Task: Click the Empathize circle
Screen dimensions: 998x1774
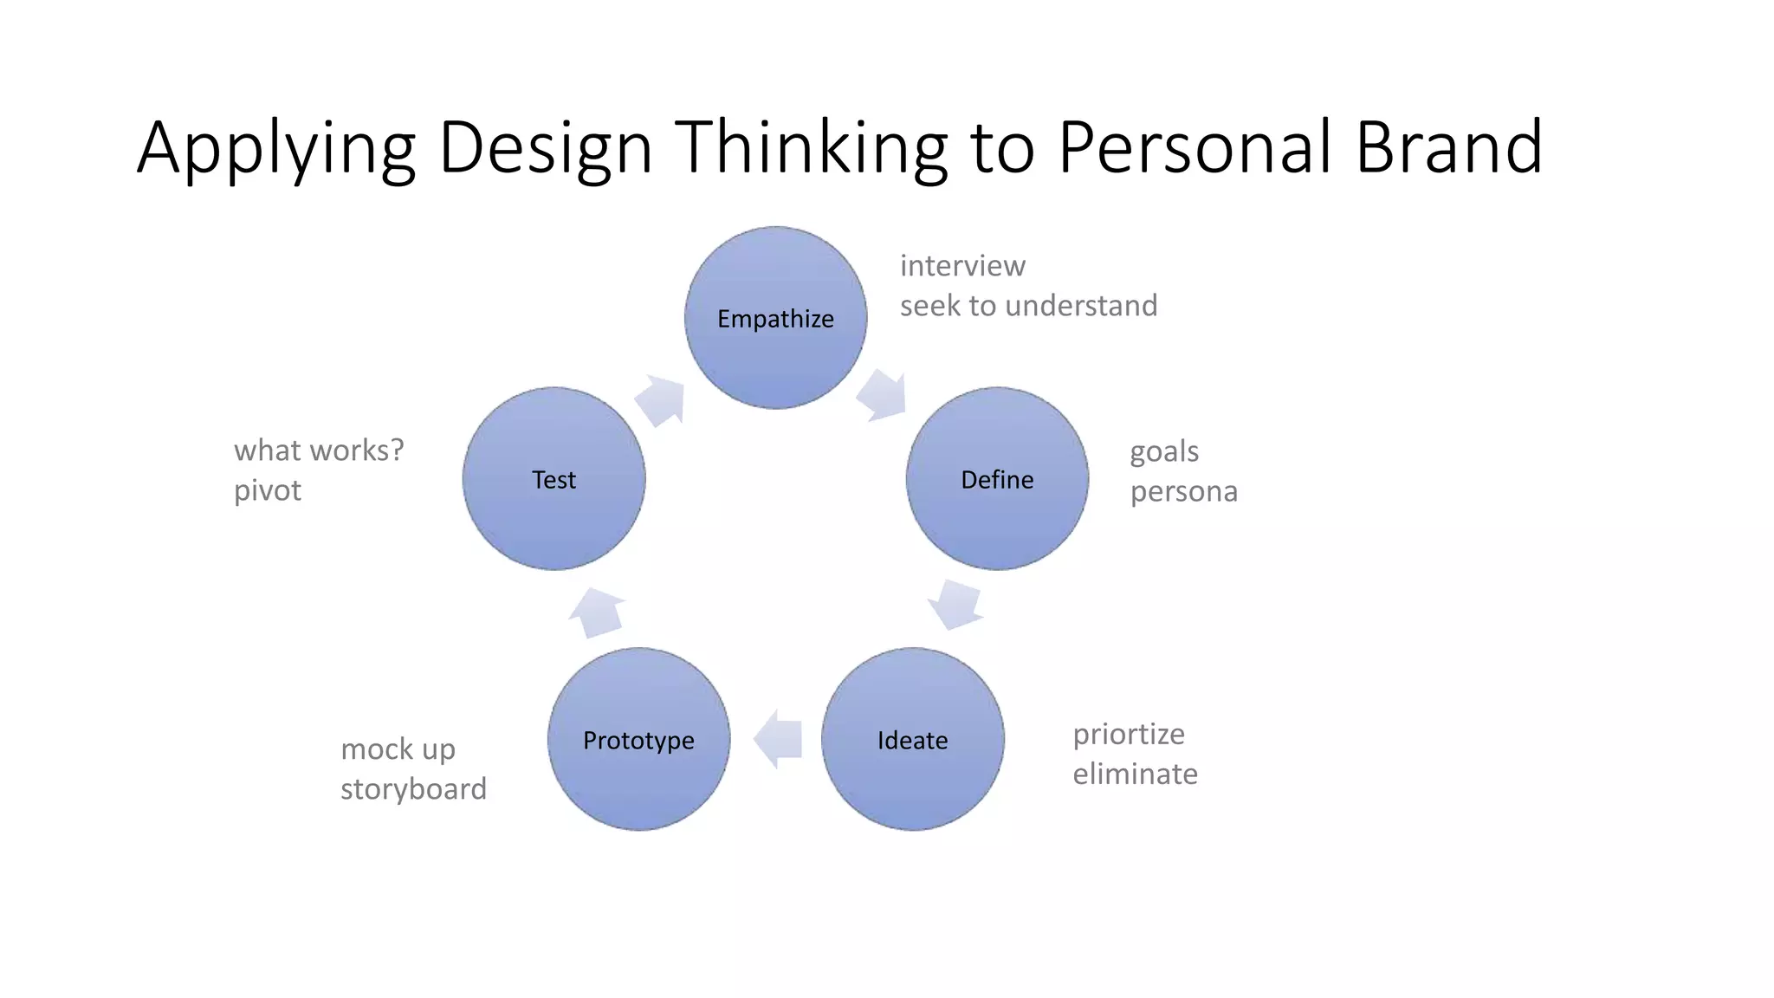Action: coord(775,318)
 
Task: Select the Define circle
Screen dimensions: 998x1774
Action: coord(997,479)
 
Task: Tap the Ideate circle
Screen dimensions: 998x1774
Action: coord(912,740)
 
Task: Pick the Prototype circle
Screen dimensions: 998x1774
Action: coord(638,740)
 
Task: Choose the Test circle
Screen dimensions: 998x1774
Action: coord(554,479)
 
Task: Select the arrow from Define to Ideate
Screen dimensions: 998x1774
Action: coord(955,604)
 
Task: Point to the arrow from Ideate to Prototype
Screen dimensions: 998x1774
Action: coord(778,739)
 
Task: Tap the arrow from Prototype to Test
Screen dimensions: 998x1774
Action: coord(597,612)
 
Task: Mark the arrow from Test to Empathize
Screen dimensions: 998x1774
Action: coord(661,400)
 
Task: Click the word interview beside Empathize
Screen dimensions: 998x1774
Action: coord(962,265)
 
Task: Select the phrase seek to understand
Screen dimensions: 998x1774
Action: coord(1028,305)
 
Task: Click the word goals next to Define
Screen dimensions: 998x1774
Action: coord(1163,451)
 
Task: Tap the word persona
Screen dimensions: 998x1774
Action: coord(1183,491)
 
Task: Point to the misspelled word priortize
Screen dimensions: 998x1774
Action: coord(1128,734)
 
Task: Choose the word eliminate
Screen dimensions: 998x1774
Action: coord(1135,774)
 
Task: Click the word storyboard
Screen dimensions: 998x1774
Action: coord(413,788)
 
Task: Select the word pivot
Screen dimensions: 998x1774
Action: coord(267,490)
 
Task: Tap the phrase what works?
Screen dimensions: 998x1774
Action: coord(319,450)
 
